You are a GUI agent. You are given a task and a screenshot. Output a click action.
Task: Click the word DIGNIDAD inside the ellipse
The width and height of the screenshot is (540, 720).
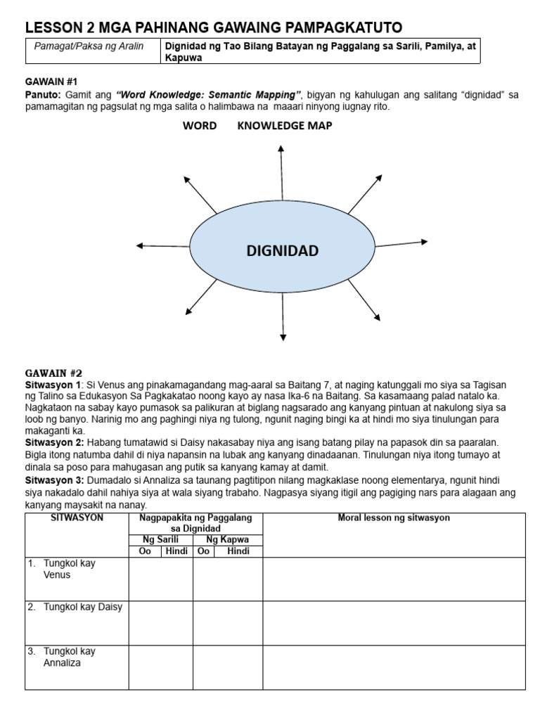[282, 251]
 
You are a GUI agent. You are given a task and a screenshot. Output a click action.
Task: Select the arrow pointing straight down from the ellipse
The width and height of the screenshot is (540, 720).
[283, 316]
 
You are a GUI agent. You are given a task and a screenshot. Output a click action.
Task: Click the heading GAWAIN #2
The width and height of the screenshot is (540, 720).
[53, 373]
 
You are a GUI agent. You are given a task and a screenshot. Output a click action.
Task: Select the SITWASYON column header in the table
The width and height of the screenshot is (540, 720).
[77, 518]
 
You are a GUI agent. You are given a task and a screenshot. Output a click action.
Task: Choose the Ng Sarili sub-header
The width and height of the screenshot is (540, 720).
[160, 539]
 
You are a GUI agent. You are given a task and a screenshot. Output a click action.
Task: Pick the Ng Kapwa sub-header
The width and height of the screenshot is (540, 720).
[228, 539]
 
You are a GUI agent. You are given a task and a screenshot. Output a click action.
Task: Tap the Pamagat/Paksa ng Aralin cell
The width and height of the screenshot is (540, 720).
[89, 46]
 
